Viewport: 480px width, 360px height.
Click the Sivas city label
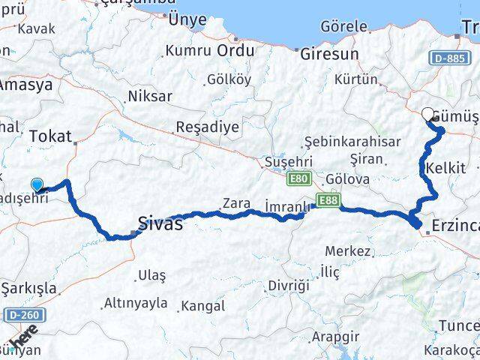(160, 223)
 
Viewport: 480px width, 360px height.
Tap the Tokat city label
(50, 136)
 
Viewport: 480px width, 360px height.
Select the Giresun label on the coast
(329, 54)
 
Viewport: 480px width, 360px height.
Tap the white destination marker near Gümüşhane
(428, 115)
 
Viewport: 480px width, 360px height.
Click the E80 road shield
(298, 178)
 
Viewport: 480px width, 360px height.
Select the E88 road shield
(326, 201)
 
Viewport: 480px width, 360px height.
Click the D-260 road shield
(24, 313)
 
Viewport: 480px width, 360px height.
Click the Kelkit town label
(445, 167)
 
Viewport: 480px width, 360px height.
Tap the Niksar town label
(149, 96)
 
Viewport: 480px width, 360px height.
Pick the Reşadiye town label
(207, 127)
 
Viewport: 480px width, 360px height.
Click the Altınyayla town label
(135, 303)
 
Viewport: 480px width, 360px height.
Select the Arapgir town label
(331, 335)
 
